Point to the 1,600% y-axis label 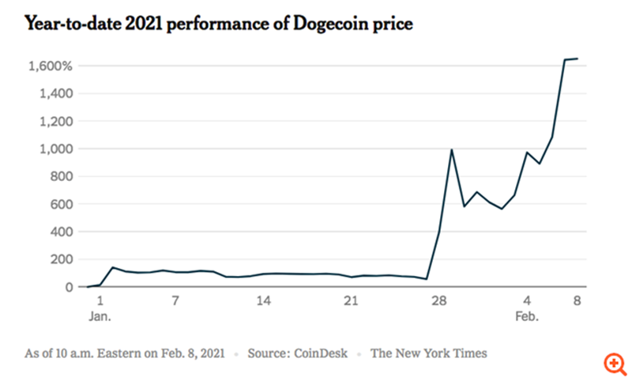(51, 66)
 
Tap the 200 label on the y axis (62, 259)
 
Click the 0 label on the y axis (69, 287)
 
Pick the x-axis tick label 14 (264, 301)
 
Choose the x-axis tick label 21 (352, 301)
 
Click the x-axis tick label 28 (439, 301)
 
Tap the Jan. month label (100, 316)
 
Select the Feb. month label (527, 316)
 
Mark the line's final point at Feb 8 (577, 58)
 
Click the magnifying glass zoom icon (614, 363)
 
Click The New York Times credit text (429, 353)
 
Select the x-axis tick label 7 (175, 301)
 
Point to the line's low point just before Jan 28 (427, 279)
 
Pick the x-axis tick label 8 (577, 301)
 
